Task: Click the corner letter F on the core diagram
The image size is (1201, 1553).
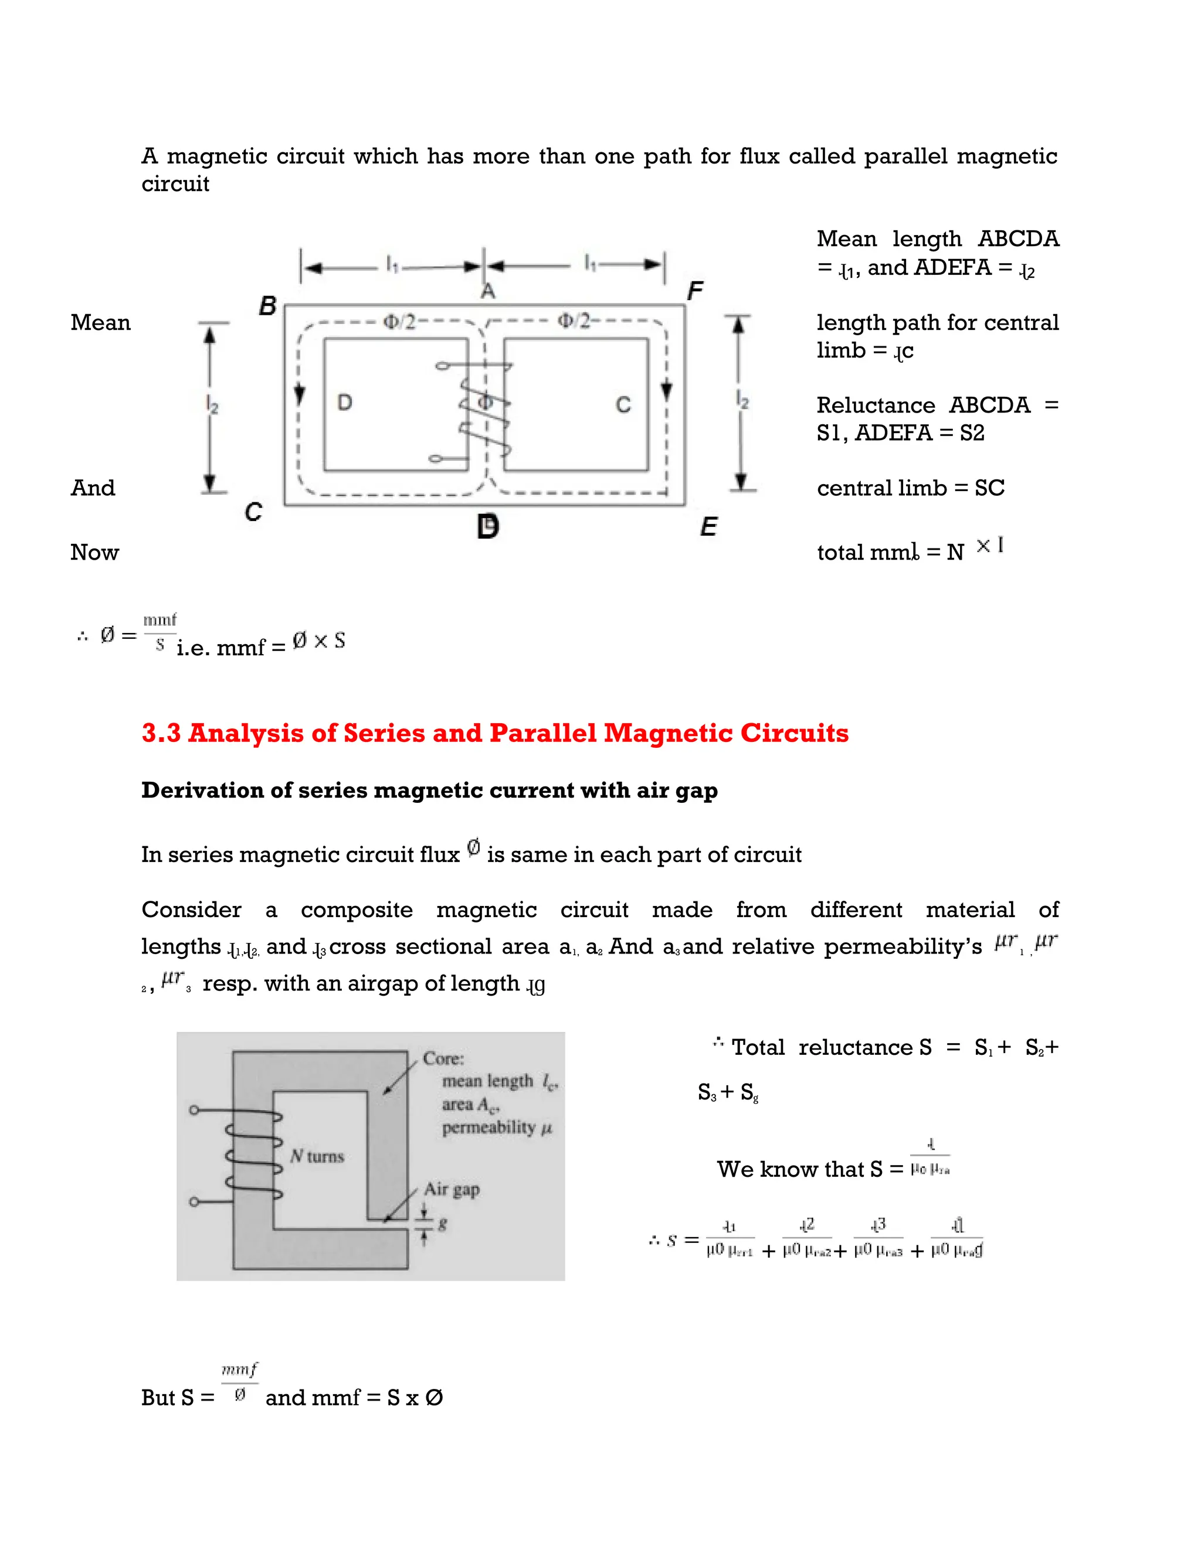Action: pos(695,291)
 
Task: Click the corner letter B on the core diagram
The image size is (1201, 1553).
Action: pos(267,306)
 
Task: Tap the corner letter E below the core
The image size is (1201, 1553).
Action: pos(708,527)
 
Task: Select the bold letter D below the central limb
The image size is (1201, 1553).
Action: pos(488,527)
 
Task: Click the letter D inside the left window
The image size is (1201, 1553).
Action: pos(344,403)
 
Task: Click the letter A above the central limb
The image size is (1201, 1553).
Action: pos(488,291)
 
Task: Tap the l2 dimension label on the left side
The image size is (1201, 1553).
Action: pos(213,404)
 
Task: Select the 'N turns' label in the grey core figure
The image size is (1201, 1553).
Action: pos(317,1157)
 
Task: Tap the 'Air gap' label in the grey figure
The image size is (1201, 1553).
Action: pos(452,1189)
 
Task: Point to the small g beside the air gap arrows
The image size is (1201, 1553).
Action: pos(443,1224)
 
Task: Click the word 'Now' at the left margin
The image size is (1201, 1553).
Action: pos(94,553)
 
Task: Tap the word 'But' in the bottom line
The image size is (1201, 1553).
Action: pos(158,1398)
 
